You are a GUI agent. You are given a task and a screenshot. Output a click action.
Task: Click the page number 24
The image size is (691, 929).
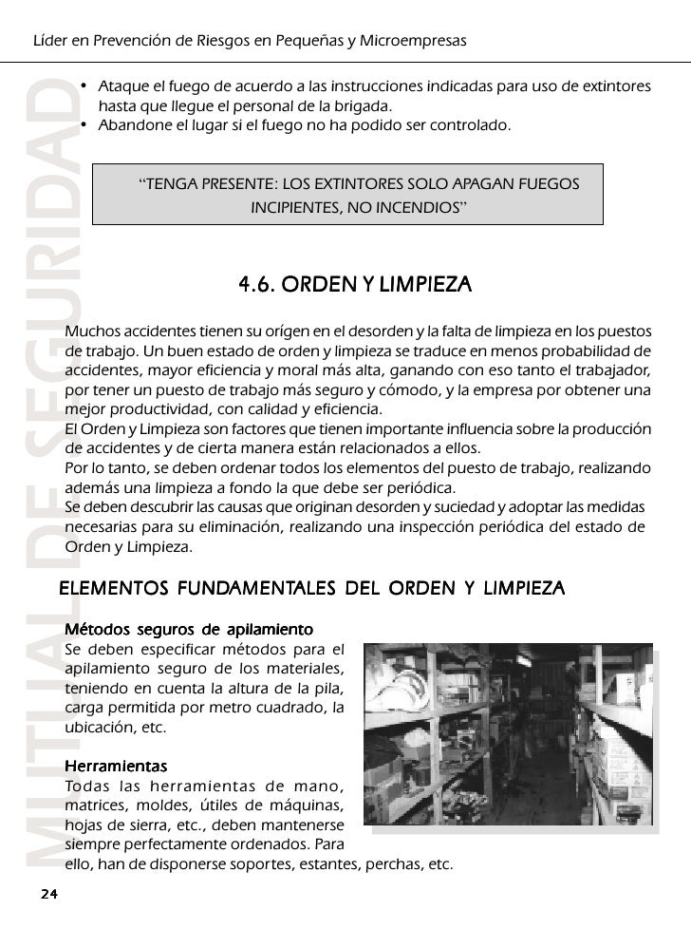pyautogui.click(x=48, y=894)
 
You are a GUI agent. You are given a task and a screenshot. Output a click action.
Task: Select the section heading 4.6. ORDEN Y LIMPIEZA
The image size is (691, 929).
pyautogui.click(x=354, y=284)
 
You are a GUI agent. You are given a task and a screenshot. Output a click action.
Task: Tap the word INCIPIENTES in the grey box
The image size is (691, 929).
pyautogui.click(x=292, y=206)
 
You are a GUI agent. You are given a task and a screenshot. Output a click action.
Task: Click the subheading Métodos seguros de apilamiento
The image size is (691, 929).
pyautogui.click(x=188, y=629)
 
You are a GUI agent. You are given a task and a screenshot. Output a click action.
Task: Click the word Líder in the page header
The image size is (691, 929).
pyautogui.click(x=51, y=42)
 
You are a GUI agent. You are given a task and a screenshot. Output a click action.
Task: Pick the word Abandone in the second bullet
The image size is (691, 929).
pyautogui.click(x=133, y=124)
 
